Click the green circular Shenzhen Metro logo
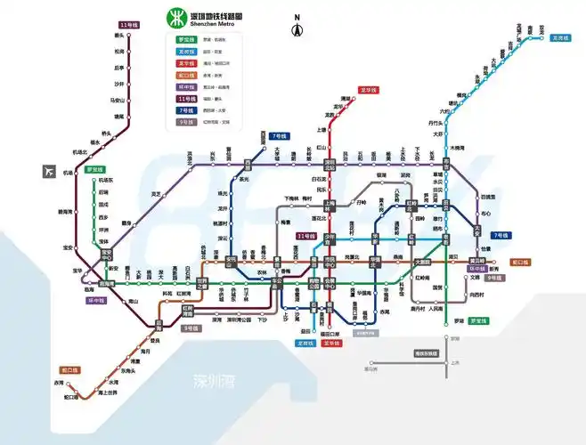(175, 20)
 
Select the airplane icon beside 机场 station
(48, 172)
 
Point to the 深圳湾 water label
(215, 381)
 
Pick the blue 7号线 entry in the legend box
(187, 109)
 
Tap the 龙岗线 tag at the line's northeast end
(560, 38)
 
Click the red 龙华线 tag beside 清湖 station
(369, 90)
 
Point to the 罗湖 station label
(459, 320)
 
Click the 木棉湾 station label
(459, 148)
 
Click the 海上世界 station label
(108, 392)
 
